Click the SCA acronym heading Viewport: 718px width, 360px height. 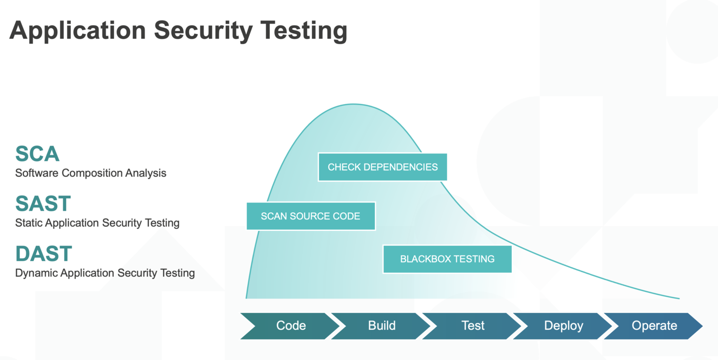[37, 154]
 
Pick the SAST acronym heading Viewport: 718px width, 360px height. [43, 204]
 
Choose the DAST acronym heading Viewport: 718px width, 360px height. [44, 254]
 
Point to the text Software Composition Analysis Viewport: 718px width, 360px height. [91, 173]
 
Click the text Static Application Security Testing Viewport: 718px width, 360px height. [97, 223]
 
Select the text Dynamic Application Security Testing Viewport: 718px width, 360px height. [105, 273]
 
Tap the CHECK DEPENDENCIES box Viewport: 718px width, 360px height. [383, 167]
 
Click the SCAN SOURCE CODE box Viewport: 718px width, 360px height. [311, 216]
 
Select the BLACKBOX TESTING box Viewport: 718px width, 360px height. [447, 259]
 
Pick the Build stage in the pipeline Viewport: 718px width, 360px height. [382, 326]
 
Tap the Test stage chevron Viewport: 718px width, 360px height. [472, 326]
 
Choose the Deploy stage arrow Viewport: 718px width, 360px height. [563, 326]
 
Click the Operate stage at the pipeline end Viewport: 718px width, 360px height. [654, 326]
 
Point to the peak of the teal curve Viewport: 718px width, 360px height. [353, 104]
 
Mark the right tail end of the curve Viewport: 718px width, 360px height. [678, 298]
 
